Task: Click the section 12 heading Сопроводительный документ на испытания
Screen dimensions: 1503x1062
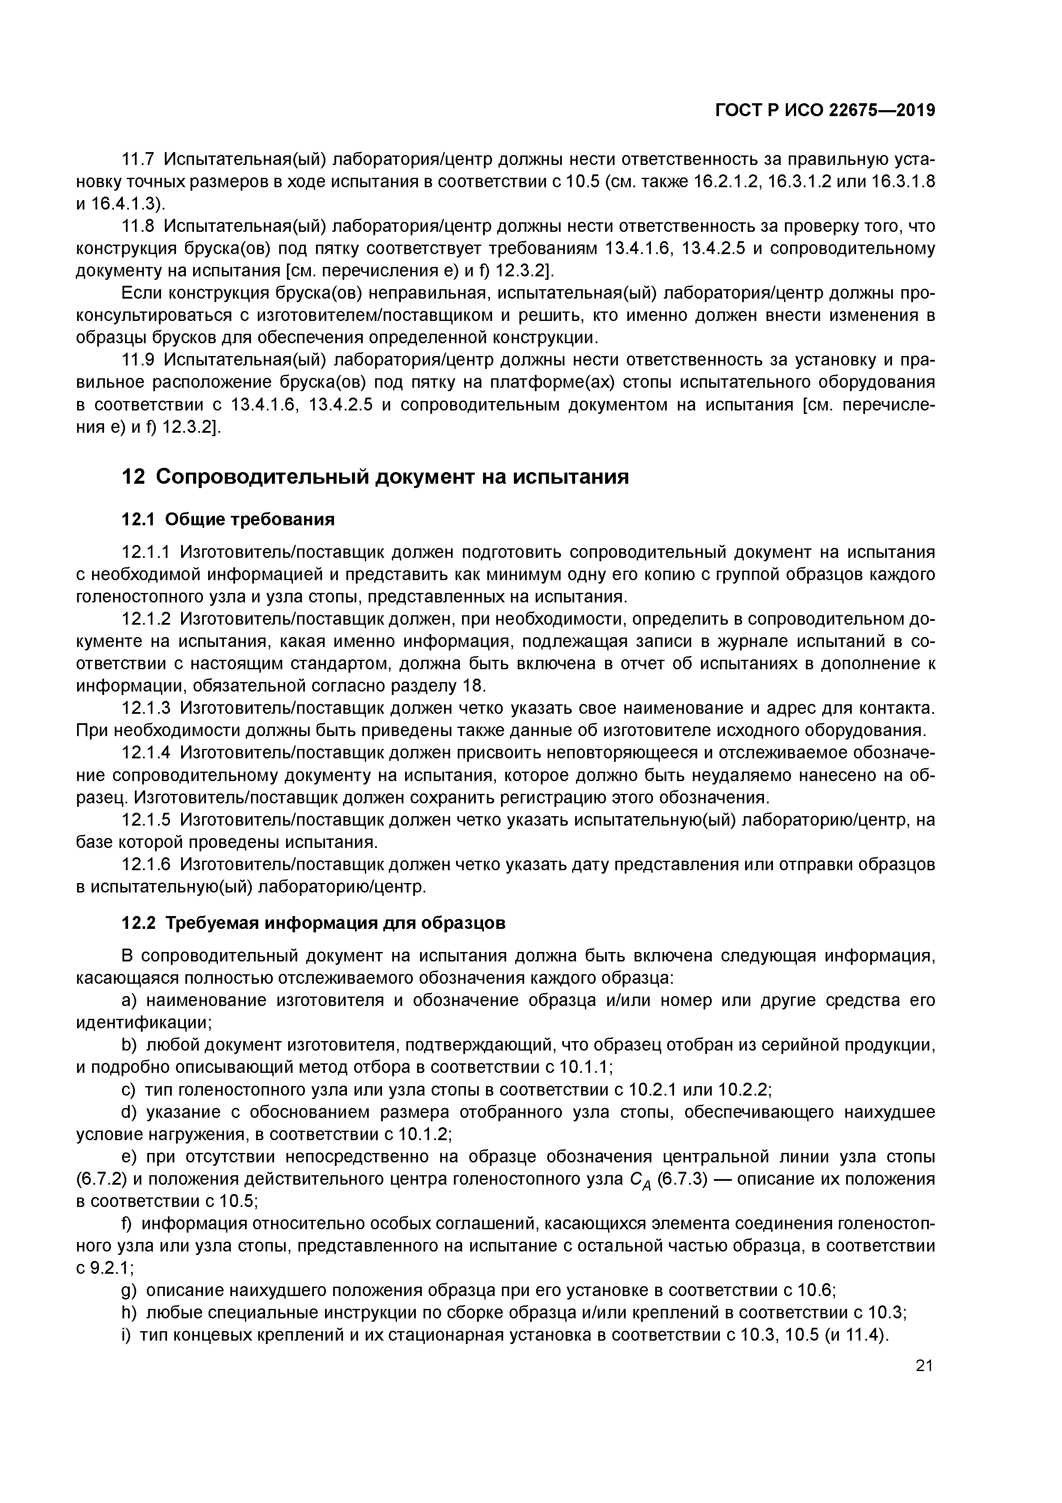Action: [376, 476]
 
